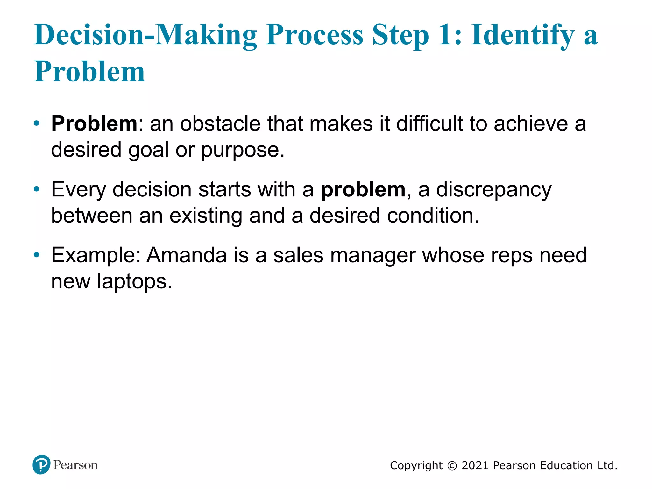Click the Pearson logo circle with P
click(41, 465)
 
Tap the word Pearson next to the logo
click(75, 465)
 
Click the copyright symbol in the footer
click(452, 466)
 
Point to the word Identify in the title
click(523, 36)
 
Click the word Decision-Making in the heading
click(145, 35)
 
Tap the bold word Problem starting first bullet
click(94, 124)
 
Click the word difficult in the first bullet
click(429, 124)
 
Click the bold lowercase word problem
click(363, 190)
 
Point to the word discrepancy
click(493, 190)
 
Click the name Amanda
click(187, 255)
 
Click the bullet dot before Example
click(37, 255)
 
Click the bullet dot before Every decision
click(37, 189)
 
